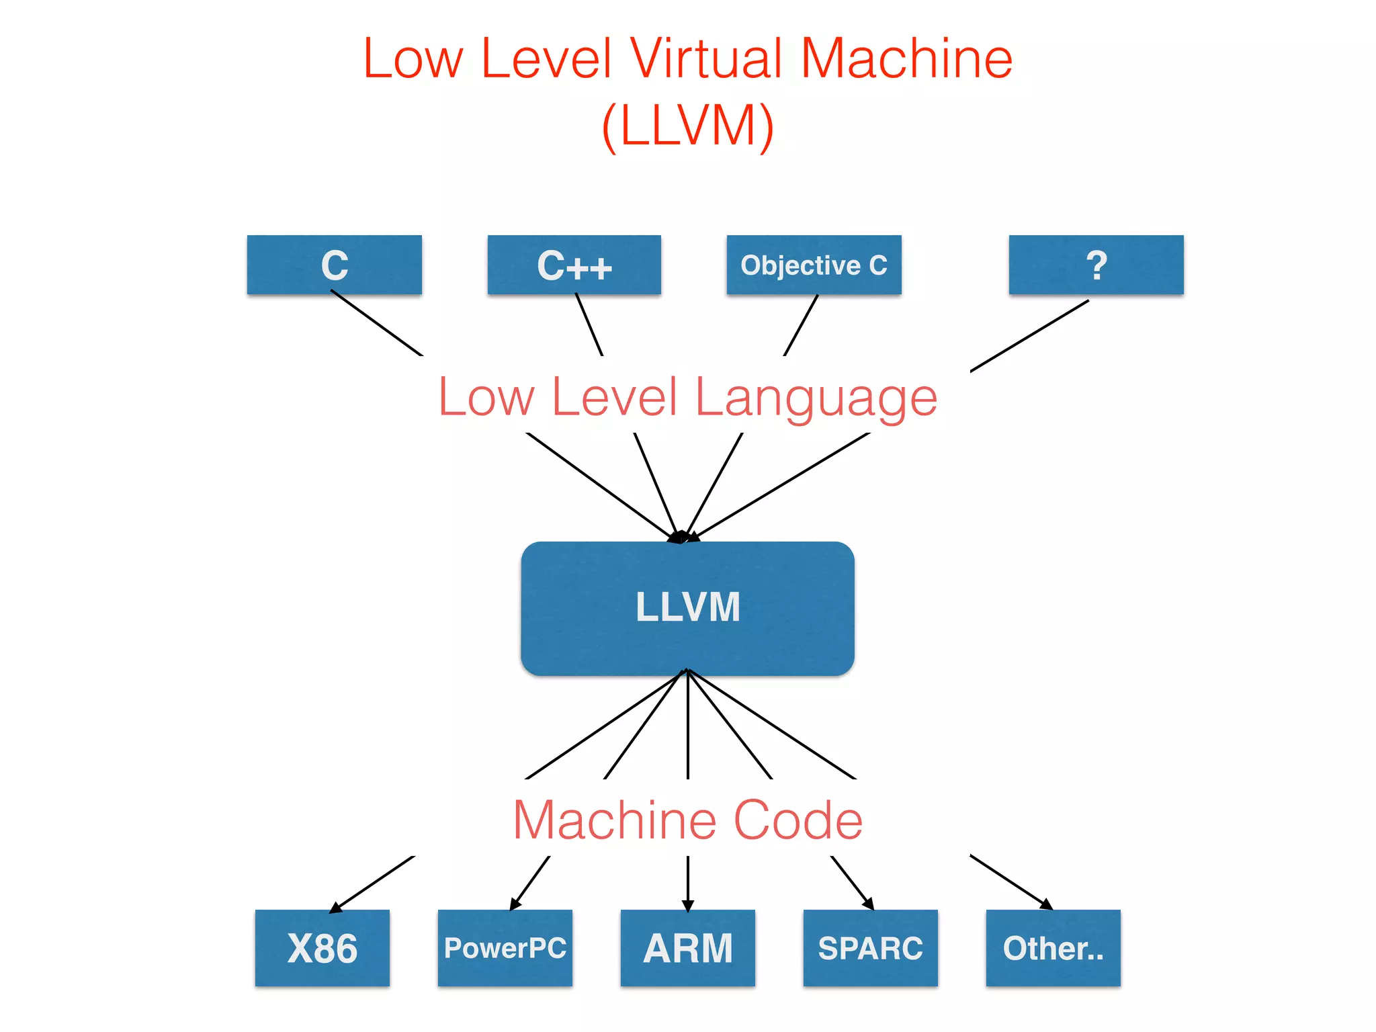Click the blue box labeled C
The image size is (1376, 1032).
tap(334, 265)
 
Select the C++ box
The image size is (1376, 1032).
tap(574, 265)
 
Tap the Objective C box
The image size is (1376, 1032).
tap(814, 265)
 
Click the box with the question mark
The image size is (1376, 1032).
tap(1096, 265)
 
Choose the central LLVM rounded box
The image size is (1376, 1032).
tap(687, 608)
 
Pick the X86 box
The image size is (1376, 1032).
tap(322, 948)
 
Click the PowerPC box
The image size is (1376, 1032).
tap(505, 948)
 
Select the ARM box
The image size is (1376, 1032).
tap(687, 948)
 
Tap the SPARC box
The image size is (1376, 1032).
tap(870, 948)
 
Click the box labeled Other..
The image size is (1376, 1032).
tap(1053, 948)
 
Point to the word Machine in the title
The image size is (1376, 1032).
tap(906, 59)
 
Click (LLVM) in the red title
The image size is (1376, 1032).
tap(687, 126)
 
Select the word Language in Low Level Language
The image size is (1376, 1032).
tap(816, 398)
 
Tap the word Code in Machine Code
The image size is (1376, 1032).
tap(798, 820)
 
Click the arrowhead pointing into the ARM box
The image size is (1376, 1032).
tap(687, 906)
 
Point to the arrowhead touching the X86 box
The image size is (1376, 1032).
tap(335, 908)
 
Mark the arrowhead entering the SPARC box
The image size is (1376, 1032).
tap(869, 904)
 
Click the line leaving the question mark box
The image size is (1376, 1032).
tap(1029, 336)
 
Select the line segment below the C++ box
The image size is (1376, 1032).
tap(589, 325)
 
